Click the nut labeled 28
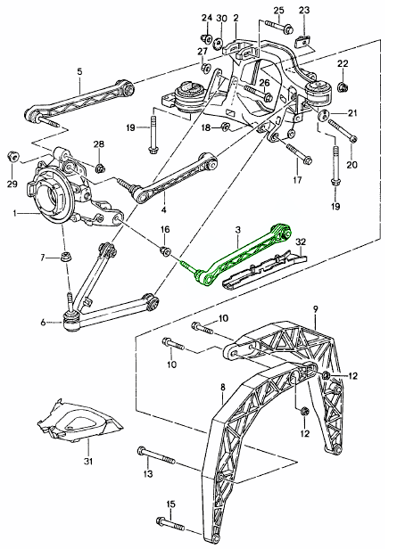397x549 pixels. click(100, 164)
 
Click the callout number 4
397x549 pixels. click(163, 211)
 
